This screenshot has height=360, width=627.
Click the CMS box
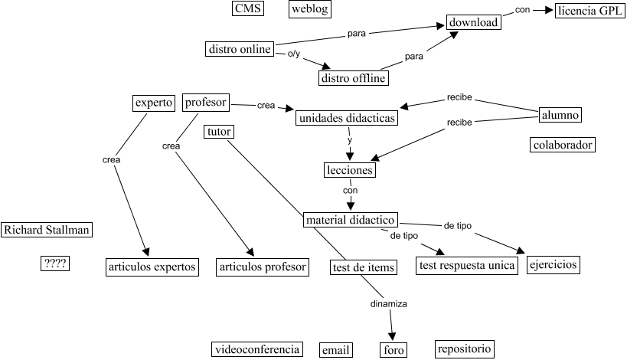pos(248,8)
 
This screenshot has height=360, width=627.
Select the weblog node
pos(310,8)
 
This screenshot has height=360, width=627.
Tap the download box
pos(474,22)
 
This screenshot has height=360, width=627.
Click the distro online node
pos(240,49)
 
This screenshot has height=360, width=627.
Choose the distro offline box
pos(353,77)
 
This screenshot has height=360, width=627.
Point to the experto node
pos(153,102)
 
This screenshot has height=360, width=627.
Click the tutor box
pos(219,132)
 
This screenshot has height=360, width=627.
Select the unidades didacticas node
pos(347,119)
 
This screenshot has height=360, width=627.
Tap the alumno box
pos(560,115)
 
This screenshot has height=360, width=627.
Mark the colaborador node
pos(563,144)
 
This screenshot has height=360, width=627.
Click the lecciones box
pos(350,170)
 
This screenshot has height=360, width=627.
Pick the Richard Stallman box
pos(47,229)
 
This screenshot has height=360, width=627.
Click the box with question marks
pos(55,263)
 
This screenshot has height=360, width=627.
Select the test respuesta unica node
pos(465,266)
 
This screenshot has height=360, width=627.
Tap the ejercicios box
pos(553,265)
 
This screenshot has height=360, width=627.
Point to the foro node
pos(392,350)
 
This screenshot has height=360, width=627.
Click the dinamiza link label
pos(388,303)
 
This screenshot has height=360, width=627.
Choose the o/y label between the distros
pos(294,54)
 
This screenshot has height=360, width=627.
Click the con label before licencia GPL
pos(522,10)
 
